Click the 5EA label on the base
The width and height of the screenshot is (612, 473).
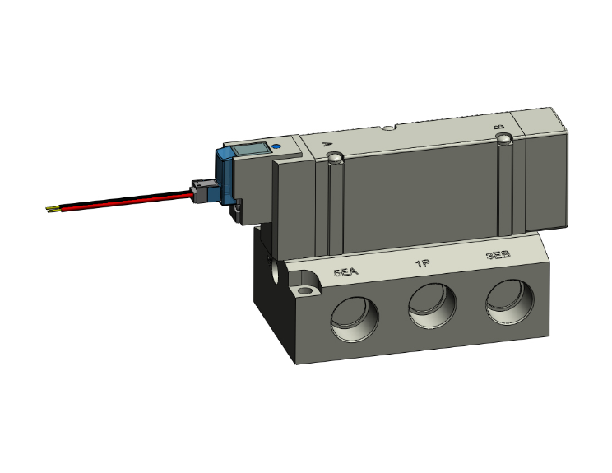pyautogui.click(x=346, y=271)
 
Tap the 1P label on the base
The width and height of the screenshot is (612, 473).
pyautogui.click(x=423, y=264)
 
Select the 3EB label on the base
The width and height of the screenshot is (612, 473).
pyautogui.click(x=498, y=256)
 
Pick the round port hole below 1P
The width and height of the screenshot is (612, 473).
pyautogui.click(x=432, y=307)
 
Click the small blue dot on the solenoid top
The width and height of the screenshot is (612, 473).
pyautogui.click(x=275, y=148)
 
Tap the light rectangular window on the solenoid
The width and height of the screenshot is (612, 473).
pyautogui.click(x=249, y=151)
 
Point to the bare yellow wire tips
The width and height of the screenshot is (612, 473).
pyautogui.click(x=53, y=209)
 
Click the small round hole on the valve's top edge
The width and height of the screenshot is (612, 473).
pyautogui.click(x=388, y=128)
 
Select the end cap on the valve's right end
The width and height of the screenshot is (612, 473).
pyautogui.click(x=545, y=169)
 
